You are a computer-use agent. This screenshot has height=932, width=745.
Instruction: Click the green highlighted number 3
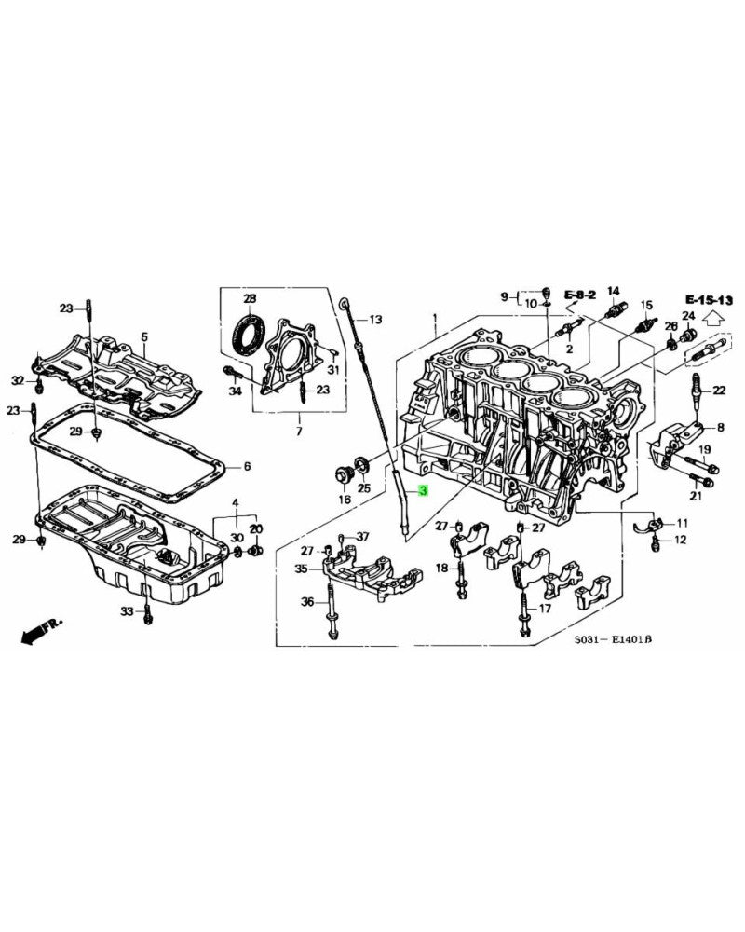(424, 490)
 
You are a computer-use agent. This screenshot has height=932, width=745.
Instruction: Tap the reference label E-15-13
(710, 299)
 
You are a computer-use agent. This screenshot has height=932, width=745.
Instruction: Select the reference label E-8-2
(579, 295)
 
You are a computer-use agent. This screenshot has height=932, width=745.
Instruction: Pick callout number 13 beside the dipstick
(374, 320)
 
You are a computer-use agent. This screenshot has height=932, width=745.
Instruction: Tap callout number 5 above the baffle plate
(144, 336)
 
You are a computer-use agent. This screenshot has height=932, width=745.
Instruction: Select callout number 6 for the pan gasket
(247, 466)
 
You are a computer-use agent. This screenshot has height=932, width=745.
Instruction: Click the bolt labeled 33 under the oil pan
(146, 611)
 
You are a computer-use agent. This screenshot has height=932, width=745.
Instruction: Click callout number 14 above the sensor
(614, 290)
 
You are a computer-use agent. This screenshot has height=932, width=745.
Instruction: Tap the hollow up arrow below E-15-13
(713, 318)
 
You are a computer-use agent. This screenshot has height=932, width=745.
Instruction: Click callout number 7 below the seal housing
(298, 432)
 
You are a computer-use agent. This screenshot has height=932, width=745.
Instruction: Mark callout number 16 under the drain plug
(344, 500)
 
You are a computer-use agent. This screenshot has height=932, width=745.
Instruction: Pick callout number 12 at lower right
(680, 540)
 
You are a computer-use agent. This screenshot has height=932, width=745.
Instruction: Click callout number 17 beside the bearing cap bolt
(545, 609)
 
